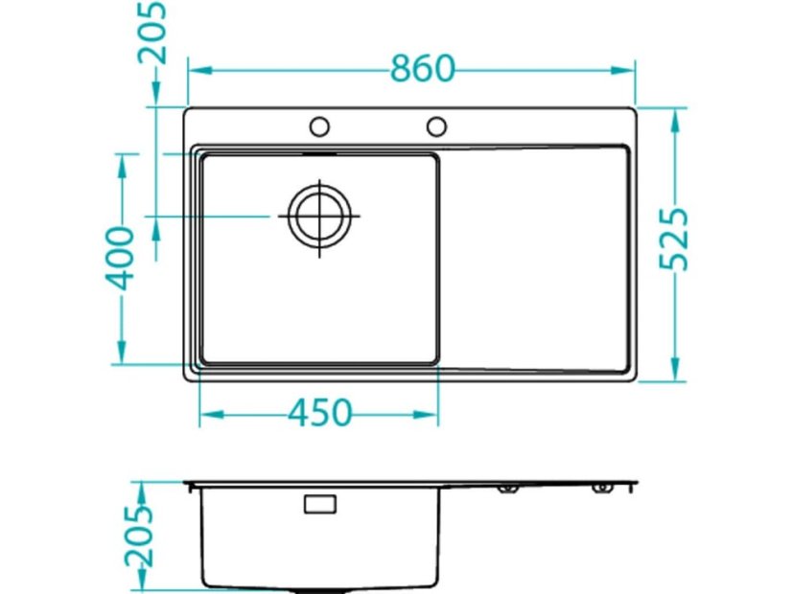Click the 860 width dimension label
click(423, 69)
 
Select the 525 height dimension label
click(674, 239)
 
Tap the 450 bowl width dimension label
click(319, 413)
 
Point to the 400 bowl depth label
click(120, 259)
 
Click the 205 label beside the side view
click(138, 536)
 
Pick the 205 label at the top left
click(151, 33)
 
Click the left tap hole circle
click(319, 126)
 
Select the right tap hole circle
click(436, 126)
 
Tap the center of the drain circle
click(319, 216)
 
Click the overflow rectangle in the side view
click(320, 504)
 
